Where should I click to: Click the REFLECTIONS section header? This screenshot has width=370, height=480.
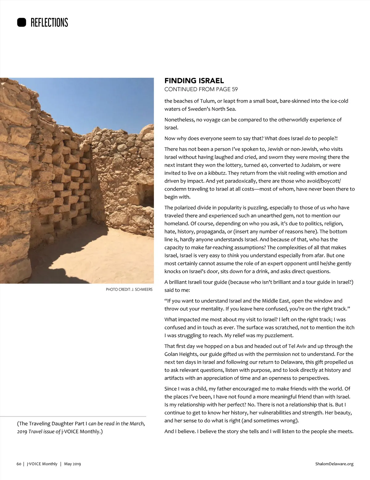pos(49,22)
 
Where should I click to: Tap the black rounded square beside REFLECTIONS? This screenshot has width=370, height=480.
pos(22,22)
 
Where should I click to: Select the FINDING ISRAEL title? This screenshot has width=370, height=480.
pos(194,81)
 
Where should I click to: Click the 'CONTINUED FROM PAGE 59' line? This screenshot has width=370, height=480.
pos(201,89)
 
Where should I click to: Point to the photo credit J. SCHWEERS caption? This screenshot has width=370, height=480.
pos(129,290)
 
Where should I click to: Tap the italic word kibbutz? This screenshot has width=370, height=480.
pos(217,173)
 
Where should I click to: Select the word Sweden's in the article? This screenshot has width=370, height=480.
pos(198,109)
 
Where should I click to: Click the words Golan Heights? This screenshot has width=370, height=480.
pos(181,354)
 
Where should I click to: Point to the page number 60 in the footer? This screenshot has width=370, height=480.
pos(19,464)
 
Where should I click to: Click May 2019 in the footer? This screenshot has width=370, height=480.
pos(72,464)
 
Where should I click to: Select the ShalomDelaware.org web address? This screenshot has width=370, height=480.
pos(334,464)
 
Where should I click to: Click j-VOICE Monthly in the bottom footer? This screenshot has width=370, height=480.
pos(42,464)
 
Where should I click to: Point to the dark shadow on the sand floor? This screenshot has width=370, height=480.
pos(62,262)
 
